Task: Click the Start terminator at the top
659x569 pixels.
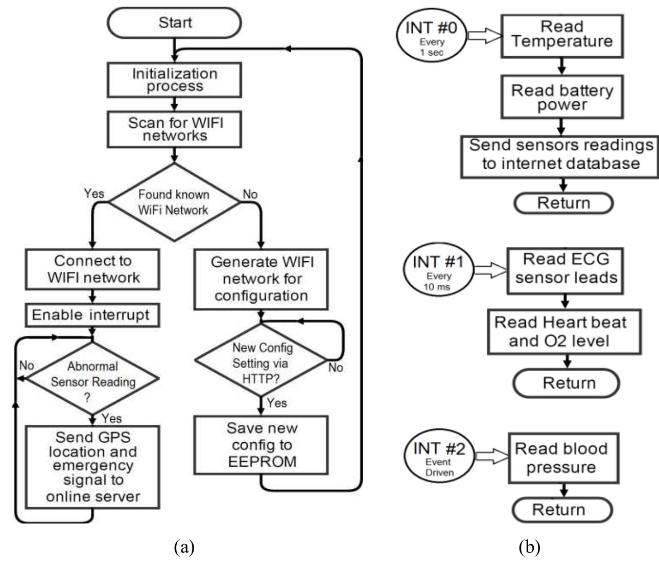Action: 175,23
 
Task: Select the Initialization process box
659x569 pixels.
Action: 175,80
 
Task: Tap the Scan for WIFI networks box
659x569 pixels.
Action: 175,130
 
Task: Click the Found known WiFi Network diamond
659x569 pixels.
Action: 175,202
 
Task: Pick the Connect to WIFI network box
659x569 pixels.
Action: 93,269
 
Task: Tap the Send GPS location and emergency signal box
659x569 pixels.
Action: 93,467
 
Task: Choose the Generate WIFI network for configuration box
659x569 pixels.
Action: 261,279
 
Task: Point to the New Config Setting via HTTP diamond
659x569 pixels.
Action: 262,363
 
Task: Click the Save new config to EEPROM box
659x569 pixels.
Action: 261,445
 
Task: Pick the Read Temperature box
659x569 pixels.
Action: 562,35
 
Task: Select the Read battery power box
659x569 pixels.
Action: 562,97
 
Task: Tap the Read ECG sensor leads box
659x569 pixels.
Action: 566,269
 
